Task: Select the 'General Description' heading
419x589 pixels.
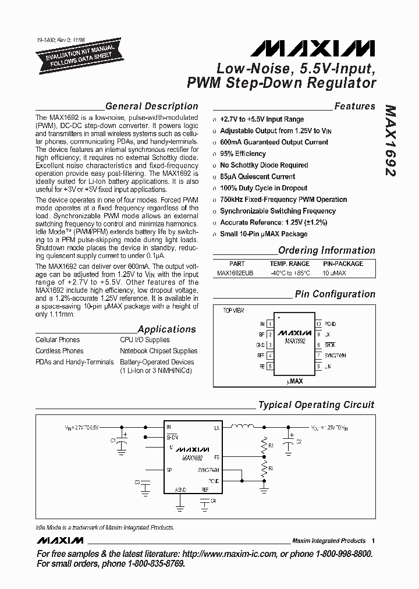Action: point(151,107)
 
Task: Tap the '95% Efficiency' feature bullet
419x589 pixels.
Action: point(243,154)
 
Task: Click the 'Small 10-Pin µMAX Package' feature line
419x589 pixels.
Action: point(264,234)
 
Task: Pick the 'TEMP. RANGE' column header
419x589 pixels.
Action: point(290,264)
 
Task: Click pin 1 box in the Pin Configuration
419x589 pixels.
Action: point(270,324)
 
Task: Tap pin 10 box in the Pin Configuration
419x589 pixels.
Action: point(318,324)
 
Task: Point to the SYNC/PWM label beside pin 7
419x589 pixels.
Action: point(335,355)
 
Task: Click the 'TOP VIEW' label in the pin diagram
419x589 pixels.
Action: point(234,311)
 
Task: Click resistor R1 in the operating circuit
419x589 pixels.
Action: point(264,445)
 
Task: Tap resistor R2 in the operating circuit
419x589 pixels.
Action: point(264,467)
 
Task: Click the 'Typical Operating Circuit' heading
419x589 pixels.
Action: point(316,405)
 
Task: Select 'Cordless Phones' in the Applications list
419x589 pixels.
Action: point(59,351)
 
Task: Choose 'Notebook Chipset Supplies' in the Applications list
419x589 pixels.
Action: point(158,351)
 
